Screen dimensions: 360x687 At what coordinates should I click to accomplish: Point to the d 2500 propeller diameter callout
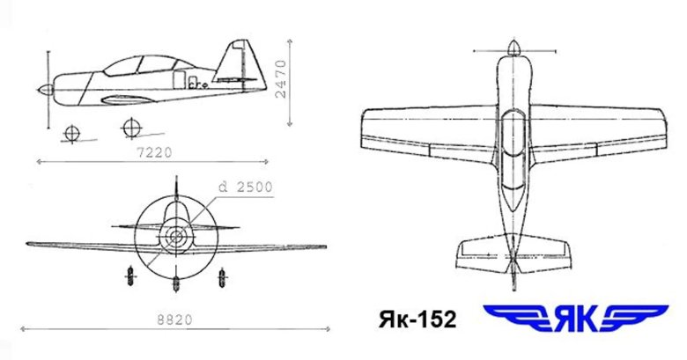click(x=247, y=187)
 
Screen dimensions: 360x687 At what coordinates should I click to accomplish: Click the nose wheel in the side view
click(x=71, y=132)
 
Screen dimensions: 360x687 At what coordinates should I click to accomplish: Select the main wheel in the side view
click(x=131, y=128)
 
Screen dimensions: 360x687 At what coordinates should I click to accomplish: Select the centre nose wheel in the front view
click(x=177, y=283)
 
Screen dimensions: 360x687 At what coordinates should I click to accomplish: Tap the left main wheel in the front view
click(x=129, y=275)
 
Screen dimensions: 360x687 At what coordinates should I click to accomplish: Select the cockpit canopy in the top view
click(x=514, y=132)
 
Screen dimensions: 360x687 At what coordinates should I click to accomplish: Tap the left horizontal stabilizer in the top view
click(x=481, y=252)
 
